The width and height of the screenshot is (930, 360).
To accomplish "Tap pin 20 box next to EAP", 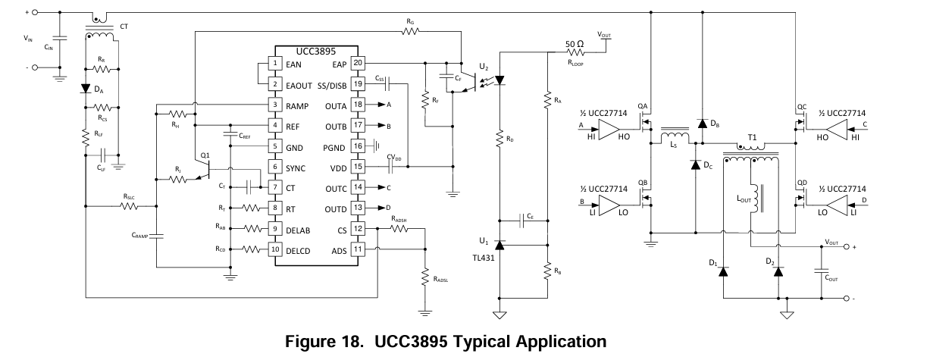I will coord(359,64).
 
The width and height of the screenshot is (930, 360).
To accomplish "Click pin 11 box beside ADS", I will coord(359,248).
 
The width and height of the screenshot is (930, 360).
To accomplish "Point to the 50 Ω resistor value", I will coord(575,42).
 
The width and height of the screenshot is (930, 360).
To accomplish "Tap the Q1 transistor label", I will coord(205,155).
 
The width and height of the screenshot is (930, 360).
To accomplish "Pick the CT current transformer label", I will coord(124,26).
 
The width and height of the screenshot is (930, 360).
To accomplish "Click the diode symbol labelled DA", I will coord(86,88).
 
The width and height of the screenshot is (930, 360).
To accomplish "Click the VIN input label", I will coord(28,36).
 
